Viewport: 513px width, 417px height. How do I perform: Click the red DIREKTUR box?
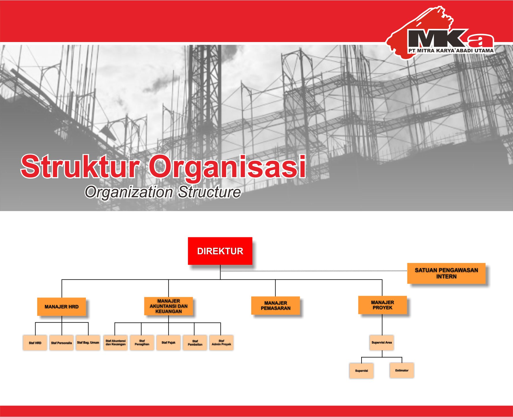pos(220,251)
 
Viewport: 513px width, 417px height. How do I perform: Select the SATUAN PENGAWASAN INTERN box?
pos(446,273)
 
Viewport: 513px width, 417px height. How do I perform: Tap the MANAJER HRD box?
pos(61,307)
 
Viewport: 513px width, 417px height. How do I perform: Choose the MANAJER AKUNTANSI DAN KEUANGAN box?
pos(168,306)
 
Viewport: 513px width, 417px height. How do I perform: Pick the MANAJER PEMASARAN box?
pos(276,306)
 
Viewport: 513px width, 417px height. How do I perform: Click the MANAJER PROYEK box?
pos(383,305)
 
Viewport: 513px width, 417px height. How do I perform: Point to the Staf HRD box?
pos(35,343)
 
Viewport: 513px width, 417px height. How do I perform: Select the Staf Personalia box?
pos(61,343)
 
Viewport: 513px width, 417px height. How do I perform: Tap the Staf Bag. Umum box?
pos(88,342)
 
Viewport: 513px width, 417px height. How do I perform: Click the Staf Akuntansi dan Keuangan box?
pos(115,342)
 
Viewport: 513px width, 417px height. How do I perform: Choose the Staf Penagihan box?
pos(142,342)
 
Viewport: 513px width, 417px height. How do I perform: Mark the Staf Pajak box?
pos(168,342)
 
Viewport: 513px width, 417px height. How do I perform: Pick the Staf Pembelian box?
pos(195,343)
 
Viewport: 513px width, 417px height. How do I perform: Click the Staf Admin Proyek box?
pos(221,342)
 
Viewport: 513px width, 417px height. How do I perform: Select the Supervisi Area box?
pos(382,342)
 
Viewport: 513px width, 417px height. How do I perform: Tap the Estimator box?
pos(402,370)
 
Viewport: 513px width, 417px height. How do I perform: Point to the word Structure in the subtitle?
pos(209,192)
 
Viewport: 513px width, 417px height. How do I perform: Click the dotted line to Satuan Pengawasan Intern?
pos(314,271)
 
